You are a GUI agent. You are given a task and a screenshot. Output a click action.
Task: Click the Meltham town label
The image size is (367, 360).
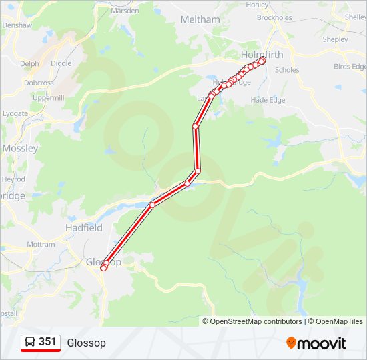(200, 19)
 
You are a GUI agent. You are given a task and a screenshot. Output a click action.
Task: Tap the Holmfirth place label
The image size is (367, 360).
(262, 55)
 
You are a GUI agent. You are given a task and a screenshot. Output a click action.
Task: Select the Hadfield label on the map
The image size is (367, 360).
(84, 227)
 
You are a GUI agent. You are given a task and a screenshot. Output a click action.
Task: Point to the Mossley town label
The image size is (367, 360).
(20, 148)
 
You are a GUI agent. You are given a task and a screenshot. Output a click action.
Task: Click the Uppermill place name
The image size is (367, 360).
(48, 97)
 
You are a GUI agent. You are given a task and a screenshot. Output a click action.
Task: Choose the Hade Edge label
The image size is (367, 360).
(268, 100)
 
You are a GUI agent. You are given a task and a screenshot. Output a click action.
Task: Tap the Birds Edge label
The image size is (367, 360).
(350, 67)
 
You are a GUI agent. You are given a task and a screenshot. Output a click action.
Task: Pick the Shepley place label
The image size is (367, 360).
(335, 39)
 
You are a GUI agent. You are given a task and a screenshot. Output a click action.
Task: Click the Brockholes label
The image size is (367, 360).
(274, 18)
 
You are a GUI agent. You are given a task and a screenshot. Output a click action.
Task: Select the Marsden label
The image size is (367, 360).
(125, 11)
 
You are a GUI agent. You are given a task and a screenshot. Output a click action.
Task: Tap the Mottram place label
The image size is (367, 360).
(41, 245)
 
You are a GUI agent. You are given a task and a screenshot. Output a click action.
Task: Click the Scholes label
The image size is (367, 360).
(287, 69)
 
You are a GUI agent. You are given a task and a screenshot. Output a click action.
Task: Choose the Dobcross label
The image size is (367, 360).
(39, 83)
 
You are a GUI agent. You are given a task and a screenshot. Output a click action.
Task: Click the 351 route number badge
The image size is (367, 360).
(47, 342)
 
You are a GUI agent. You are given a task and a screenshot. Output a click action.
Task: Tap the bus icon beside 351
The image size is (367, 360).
(30, 343)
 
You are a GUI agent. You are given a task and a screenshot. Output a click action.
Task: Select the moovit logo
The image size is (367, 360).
(316, 343)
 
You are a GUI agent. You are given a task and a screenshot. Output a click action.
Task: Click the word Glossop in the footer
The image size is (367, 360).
(86, 343)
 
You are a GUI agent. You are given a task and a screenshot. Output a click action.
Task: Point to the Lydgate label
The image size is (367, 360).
(15, 113)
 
